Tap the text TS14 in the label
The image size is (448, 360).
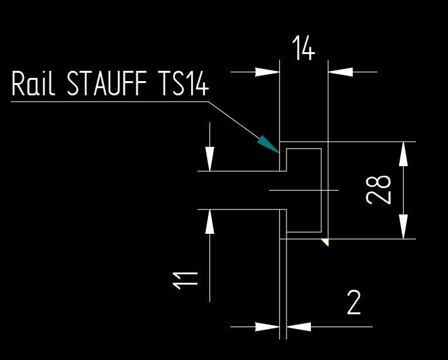(183, 85)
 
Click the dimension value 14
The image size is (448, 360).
(304, 49)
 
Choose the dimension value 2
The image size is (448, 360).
(353, 303)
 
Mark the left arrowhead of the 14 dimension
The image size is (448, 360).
(267, 72)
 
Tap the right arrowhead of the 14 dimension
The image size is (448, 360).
(341, 72)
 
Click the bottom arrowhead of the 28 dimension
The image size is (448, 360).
(404, 226)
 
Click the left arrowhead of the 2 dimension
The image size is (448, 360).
(267, 327)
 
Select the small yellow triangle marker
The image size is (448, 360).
(326, 242)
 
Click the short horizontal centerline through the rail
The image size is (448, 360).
(303, 190)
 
